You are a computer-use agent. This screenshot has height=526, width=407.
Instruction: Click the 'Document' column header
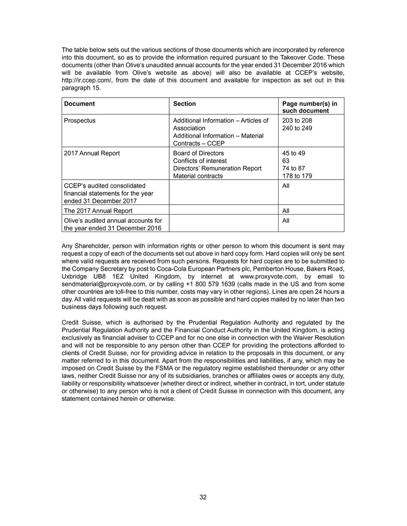(x=79, y=104)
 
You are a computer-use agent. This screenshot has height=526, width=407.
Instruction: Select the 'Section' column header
(x=184, y=104)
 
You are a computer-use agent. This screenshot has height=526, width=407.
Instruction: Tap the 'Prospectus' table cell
(x=79, y=121)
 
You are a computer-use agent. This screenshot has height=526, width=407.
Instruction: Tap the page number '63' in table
(x=286, y=161)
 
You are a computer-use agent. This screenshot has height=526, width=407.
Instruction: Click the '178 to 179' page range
(x=297, y=176)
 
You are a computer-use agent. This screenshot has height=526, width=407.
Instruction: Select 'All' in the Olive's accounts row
(x=286, y=220)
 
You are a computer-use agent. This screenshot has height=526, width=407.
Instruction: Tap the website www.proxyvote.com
(x=265, y=276)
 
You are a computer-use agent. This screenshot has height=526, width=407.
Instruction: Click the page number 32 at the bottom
(x=203, y=497)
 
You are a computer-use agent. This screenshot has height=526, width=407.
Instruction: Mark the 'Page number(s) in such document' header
(x=309, y=107)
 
